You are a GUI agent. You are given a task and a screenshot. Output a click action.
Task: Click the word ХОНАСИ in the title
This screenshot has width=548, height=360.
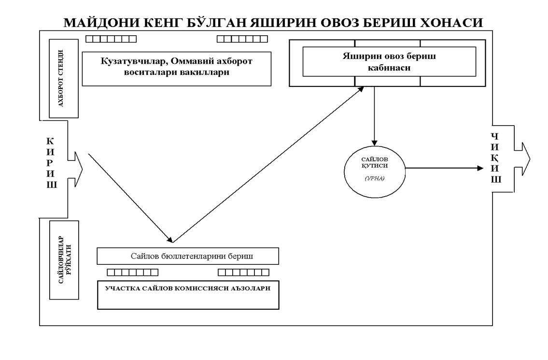click(456, 22)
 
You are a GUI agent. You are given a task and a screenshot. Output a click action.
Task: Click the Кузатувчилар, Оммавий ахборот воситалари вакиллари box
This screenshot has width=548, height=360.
click(177, 69)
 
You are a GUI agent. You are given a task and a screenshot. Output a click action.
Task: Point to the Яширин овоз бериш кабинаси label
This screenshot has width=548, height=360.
click(389, 62)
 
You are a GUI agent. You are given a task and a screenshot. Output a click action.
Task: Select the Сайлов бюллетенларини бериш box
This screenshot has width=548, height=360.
click(188, 256)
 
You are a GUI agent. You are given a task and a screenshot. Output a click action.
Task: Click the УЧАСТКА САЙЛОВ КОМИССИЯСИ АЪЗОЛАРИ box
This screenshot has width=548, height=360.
click(188, 295)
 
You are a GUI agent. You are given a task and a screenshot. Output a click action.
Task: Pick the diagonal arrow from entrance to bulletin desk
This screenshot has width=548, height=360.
click(129, 197)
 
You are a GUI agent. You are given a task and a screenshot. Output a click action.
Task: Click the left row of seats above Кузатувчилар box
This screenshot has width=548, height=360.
click(111, 39)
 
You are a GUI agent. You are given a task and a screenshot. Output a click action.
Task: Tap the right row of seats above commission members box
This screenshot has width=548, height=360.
click(243, 273)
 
